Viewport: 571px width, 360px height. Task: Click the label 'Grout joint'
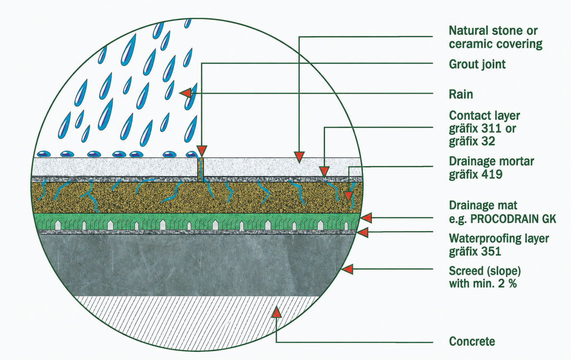(x=477, y=65)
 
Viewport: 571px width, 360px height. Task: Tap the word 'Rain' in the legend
(x=461, y=95)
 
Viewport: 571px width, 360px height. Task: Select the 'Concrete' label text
(x=472, y=342)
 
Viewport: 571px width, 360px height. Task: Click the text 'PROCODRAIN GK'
(x=514, y=219)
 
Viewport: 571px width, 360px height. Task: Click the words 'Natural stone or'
(x=493, y=31)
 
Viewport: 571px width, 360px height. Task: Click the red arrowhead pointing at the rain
(x=185, y=93)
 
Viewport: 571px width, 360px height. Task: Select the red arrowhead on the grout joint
(x=202, y=151)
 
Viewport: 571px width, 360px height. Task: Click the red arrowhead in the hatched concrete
(x=277, y=312)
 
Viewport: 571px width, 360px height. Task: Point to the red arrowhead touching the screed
(x=347, y=269)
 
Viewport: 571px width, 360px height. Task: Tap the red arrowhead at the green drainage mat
(x=366, y=218)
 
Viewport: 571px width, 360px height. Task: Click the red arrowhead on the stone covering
(x=299, y=157)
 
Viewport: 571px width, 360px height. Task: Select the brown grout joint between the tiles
(x=201, y=169)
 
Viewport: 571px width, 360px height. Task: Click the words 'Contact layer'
(x=485, y=116)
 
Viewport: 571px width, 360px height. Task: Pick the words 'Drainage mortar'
(x=492, y=161)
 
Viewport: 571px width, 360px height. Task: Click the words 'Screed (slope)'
(x=485, y=271)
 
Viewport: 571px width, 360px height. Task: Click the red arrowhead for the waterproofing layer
(x=362, y=232)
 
